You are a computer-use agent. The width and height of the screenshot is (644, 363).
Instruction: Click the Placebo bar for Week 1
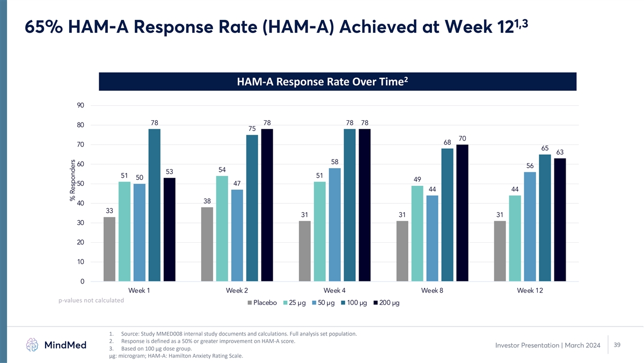109,249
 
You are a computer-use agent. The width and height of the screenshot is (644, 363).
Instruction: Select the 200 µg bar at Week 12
560,220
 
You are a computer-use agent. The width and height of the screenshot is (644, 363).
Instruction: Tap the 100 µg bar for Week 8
447,215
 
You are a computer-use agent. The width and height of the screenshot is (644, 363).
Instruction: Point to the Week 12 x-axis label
530,291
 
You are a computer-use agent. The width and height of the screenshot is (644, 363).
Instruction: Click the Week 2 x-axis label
237,291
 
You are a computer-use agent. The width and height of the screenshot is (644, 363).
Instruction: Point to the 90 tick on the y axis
80,106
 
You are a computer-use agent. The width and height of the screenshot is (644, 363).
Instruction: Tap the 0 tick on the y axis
82,281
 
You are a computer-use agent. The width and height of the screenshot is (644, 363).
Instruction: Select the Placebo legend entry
262,303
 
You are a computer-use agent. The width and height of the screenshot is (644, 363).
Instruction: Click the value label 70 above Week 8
463,138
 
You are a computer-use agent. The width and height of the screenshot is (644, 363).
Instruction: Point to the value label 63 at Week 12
560,152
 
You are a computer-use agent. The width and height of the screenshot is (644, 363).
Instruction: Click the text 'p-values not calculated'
91,300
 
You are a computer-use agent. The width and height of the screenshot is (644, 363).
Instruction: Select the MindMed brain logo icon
32,345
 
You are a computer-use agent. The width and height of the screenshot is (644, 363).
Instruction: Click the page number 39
617,345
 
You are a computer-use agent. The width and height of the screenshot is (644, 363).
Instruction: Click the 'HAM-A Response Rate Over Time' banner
338,82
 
